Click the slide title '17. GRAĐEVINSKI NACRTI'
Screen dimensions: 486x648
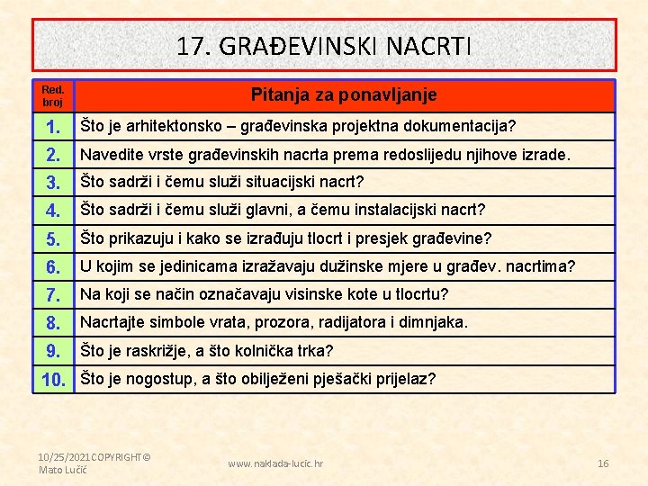click(323, 46)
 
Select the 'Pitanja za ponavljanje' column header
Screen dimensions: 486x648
click(344, 94)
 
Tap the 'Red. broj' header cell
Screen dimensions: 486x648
click(53, 96)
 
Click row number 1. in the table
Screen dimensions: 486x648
click(53, 126)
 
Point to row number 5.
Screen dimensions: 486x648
click(53, 239)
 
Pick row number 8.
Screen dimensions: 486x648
click(53, 323)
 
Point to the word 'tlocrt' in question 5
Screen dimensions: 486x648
click(359, 238)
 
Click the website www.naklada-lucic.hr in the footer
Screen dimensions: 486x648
click(275, 463)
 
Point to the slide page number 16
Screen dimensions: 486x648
click(603, 463)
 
